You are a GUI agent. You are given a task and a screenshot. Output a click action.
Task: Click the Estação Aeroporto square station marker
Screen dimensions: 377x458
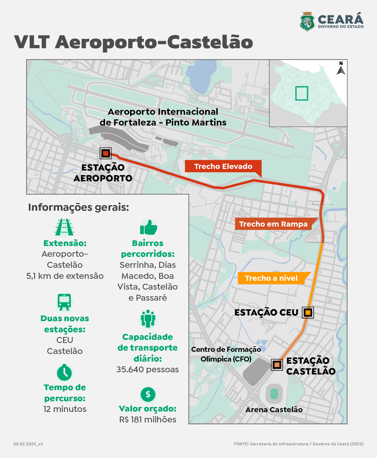[106, 154]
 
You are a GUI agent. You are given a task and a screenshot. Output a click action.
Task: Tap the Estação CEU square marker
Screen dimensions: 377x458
[308, 313]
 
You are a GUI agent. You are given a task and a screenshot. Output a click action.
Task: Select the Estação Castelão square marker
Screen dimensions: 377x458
[277, 365]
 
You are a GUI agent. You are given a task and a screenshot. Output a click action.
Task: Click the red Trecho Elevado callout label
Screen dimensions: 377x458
[223, 166]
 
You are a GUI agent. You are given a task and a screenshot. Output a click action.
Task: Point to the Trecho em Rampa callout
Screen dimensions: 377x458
[273, 224]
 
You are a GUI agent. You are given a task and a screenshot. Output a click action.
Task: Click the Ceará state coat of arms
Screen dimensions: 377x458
[307, 22]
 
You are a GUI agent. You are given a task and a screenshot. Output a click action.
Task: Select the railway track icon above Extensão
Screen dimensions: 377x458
[65, 227]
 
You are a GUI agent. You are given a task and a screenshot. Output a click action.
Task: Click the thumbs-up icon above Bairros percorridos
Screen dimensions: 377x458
[148, 228]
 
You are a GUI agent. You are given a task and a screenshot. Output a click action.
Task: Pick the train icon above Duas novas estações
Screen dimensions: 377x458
[64, 302]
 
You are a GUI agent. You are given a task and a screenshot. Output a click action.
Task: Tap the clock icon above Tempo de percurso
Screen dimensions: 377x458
[64, 373]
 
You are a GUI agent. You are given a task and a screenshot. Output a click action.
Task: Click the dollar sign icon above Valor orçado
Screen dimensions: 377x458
[148, 394]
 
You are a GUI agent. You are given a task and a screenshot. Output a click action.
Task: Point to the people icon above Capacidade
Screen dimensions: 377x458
[148, 319]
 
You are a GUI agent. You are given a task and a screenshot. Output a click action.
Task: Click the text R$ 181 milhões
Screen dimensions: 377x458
[148, 419]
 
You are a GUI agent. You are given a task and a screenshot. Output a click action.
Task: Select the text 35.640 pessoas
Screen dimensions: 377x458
[148, 369]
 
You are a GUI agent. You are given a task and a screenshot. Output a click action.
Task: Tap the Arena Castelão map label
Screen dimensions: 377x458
[274, 410]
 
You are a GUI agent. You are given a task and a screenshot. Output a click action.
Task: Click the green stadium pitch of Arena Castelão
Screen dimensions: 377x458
[274, 394]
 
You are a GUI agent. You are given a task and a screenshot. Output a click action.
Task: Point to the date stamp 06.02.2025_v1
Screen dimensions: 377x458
[28, 444]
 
